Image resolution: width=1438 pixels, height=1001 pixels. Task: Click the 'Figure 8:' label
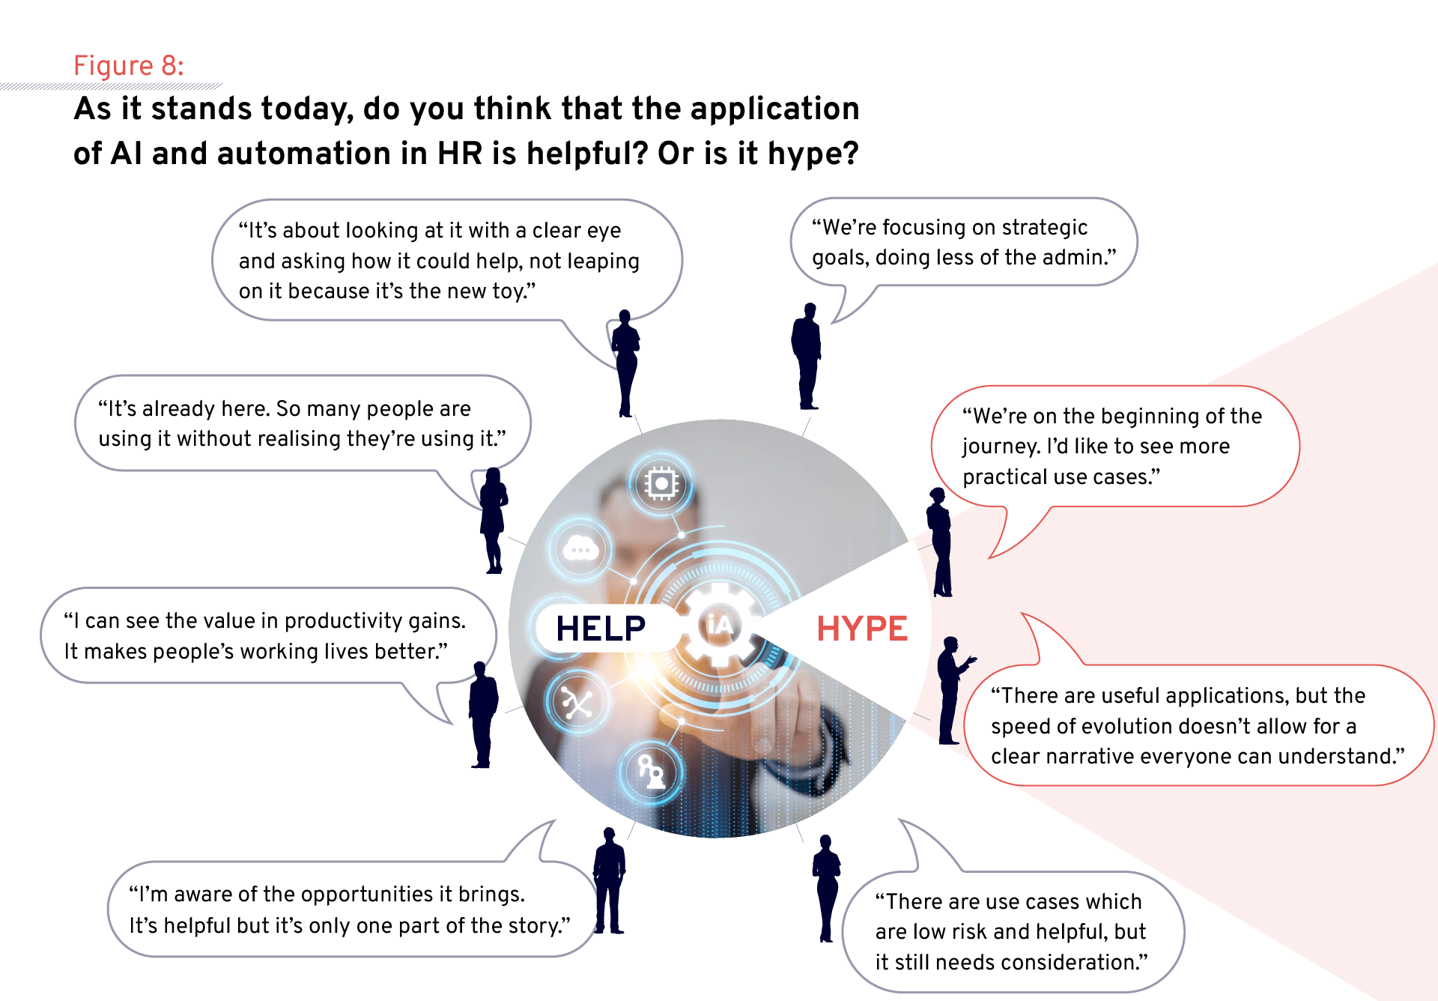tap(129, 66)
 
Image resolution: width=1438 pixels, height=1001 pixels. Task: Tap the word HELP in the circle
tap(601, 629)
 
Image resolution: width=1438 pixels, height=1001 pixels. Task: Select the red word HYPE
tap(862, 629)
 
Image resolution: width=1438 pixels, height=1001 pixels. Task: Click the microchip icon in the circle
tap(661, 484)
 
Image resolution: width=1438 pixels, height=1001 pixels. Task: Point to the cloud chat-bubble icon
tap(580, 550)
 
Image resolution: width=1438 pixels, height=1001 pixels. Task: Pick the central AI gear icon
tap(719, 625)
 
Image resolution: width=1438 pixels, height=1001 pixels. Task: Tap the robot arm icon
tap(651, 772)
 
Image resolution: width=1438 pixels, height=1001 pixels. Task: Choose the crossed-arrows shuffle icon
tap(577, 703)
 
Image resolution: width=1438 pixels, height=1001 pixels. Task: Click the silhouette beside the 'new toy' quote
tap(625, 363)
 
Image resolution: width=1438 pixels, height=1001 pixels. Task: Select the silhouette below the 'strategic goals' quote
tap(807, 356)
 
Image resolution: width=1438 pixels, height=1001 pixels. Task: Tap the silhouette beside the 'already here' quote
tap(493, 520)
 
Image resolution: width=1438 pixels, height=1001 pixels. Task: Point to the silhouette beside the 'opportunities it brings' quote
tap(610, 881)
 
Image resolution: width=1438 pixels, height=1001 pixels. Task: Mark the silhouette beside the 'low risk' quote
tap(826, 888)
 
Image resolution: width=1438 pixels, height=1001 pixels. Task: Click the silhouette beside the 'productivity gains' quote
tap(483, 715)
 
